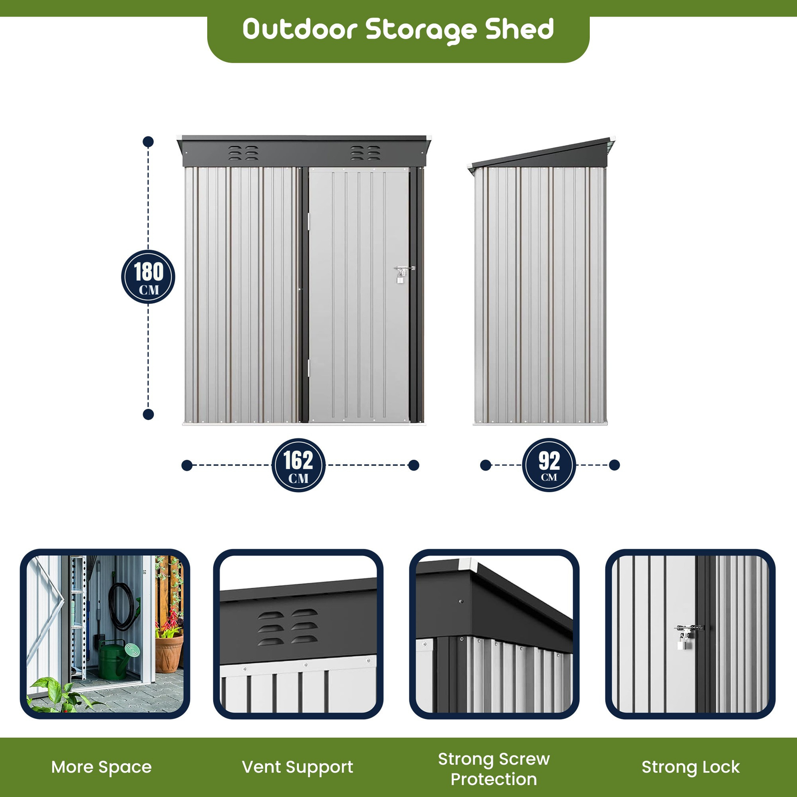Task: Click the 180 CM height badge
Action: [148, 276]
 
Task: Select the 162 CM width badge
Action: [298, 465]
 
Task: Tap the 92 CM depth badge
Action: [549, 465]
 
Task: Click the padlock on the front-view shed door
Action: [400, 277]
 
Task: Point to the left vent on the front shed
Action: [243, 153]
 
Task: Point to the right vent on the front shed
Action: [365, 153]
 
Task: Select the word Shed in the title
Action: [520, 29]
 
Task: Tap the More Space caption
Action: [102, 767]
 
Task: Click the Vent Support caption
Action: [297, 767]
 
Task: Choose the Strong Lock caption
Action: [690, 767]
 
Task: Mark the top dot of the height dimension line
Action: [148, 142]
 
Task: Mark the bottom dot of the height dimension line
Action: [148, 414]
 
